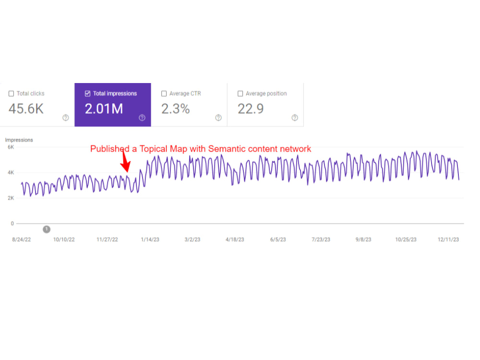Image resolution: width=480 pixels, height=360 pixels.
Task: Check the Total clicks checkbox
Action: click(x=12, y=94)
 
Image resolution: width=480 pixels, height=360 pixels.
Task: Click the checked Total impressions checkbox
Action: click(x=87, y=94)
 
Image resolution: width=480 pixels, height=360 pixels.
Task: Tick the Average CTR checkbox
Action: click(x=164, y=94)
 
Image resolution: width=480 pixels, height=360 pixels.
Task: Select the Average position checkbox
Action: click(x=240, y=94)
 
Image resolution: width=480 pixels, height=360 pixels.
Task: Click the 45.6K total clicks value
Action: click(x=26, y=108)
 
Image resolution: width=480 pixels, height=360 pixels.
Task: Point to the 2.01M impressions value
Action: click(x=104, y=108)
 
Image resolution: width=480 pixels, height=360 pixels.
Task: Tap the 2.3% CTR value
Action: click(x=175, y=108)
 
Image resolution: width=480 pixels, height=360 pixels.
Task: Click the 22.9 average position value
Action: click(x=251, y=108)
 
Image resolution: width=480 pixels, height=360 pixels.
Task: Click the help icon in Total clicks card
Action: click(x=65, y=118)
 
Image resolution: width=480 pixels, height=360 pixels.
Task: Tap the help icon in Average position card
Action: click(x=295, y=118)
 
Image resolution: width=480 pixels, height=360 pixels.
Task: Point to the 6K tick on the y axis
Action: click(x=11, y=147)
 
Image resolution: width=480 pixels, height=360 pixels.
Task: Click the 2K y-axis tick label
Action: click(x=11, y=198)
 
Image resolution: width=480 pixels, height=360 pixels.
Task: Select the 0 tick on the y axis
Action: click(x=12, y=224)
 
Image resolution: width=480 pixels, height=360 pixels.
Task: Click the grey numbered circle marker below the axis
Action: click(x=47, y=229)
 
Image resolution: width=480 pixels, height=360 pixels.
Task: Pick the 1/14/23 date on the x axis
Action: click(x=150, y=240)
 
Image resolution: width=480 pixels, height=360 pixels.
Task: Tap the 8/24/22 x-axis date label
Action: click(x=22, y=240)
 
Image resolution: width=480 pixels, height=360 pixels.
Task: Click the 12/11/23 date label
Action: click(x=448, y=240)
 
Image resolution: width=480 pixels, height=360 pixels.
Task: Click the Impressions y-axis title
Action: click(x=19, y=140)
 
